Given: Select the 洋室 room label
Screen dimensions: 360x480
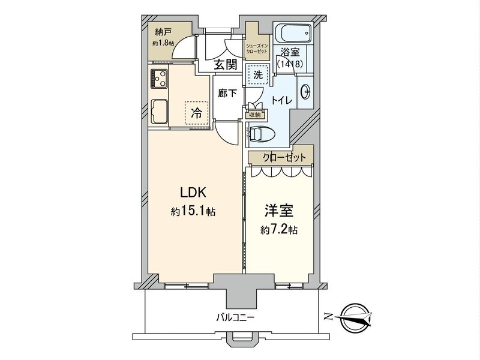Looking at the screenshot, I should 279,211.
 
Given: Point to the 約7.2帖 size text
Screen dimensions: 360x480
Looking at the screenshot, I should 279,230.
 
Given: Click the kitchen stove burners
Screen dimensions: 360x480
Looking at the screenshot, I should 160,77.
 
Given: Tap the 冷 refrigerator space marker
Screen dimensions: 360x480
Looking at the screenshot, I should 196,112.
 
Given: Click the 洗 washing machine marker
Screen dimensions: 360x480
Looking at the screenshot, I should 257,76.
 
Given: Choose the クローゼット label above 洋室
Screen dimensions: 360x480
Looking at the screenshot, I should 281,157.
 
